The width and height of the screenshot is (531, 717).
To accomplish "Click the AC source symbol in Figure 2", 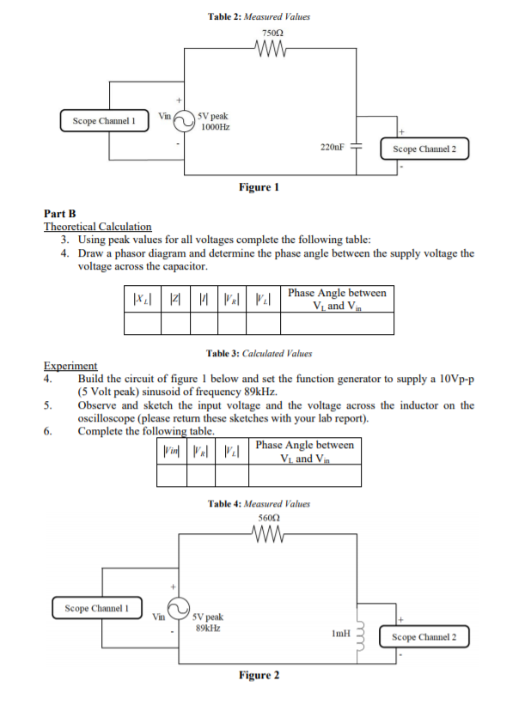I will tap(176, 609).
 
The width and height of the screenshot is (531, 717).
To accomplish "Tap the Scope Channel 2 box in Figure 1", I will tap(430, 149).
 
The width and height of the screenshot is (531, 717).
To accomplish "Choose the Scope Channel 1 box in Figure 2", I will tap(97, 609).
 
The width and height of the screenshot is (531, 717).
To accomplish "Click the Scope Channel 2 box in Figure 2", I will tap(430, 637).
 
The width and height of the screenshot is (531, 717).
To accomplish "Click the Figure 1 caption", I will tap(259, 187).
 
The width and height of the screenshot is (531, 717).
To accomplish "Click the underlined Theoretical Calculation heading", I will tap(97, 227).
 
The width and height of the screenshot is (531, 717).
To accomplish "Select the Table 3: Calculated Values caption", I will tap(259, 353).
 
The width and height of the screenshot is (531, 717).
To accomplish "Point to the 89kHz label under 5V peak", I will tap(207, 628).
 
